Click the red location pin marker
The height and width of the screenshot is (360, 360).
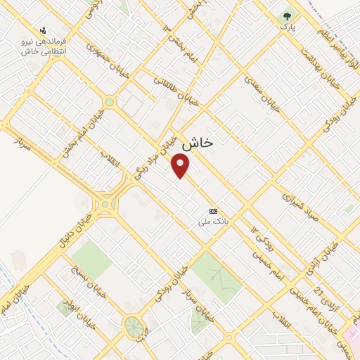tap(181, 166)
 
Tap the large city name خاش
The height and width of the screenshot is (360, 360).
tap(198, 143)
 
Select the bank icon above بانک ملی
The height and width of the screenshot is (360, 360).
tap(213, 211)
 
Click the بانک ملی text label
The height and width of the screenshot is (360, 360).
tap(213, 221)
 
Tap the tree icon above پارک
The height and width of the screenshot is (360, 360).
tap(287, 15)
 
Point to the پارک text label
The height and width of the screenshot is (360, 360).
tap(288, 27)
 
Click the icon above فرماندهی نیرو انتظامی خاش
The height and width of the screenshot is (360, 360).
tap(43, 30)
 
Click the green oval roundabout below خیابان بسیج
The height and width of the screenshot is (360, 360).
tap(132, 325)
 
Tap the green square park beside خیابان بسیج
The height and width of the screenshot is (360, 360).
tap(91, 259)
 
